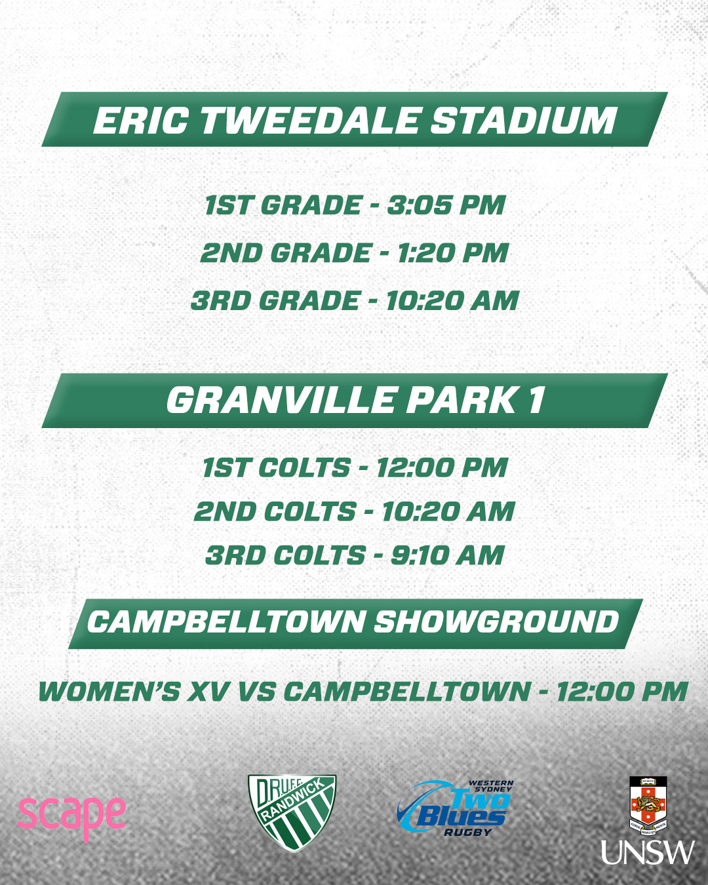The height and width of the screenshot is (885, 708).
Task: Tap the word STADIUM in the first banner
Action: click(523, 120)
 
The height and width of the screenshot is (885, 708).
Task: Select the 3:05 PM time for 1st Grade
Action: click(446, 205)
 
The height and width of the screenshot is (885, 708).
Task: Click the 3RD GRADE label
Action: click(275, 300)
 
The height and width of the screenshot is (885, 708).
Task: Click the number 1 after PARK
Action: click(536, 400)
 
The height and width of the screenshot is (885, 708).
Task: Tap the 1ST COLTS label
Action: click(276, 468)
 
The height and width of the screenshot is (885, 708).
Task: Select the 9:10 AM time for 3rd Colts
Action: click(448, 555)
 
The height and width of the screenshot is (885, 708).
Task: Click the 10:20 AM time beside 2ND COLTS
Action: click(448, 511)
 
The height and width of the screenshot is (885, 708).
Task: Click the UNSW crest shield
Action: click(648, 802)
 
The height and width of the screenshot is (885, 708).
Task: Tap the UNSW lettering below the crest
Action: click(648, 852)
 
